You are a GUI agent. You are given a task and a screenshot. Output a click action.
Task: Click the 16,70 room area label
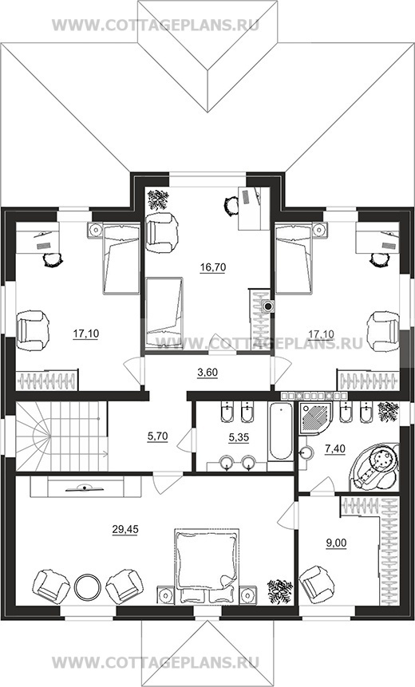click(x=212, y=267)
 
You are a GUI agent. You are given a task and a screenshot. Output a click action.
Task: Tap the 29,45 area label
click(x=125, y=530)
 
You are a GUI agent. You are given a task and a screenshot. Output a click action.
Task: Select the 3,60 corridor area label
click(x=207, y=373)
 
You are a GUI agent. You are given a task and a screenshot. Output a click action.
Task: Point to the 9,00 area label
click(x=337, y=543)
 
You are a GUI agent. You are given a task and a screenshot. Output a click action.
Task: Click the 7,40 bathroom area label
click(x=335, y=448)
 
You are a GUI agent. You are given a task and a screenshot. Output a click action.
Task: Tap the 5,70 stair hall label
click(x=158, y=436)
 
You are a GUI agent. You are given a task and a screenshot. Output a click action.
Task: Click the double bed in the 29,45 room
click(x=207, y=567)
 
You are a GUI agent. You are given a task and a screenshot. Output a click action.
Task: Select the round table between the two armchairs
click(x=87, y=586)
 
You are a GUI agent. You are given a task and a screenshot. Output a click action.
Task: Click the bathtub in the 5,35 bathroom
click(x=280, y=431)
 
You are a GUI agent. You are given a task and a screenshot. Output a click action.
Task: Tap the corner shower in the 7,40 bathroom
click(x=315, y=418)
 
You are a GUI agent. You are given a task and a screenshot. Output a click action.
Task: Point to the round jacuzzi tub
click(x=375, y=467)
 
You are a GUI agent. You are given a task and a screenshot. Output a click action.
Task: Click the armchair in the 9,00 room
click(x=315, y=584)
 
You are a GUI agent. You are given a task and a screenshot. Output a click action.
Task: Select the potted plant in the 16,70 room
click(x=158, y=199)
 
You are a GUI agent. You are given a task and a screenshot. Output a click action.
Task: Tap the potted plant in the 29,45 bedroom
click(x=280, y=591)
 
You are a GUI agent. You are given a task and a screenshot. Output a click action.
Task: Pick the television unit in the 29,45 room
click(x=85, y=488)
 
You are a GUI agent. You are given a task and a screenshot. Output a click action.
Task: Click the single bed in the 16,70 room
click(x=164, y=313)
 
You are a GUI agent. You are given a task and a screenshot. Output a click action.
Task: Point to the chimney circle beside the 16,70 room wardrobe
click(x=268, y=306)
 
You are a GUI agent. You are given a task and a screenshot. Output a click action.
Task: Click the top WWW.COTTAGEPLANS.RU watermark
click(x=156, y=25)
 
